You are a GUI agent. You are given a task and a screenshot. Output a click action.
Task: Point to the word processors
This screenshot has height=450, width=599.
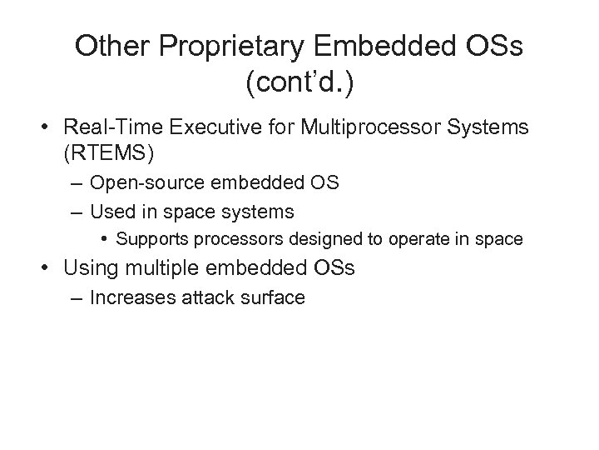point(220,240)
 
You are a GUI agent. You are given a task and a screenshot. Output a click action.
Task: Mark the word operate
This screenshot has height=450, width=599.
point(388,240)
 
